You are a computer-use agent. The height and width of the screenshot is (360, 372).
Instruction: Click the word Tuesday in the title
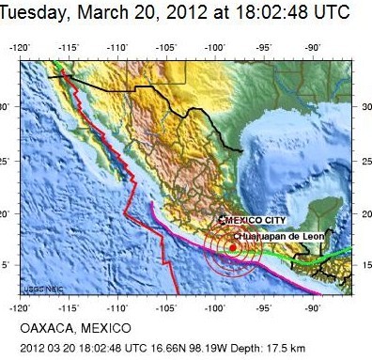pyautogui.click(x=39, y=13)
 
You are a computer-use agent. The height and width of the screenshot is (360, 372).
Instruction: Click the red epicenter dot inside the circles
pyautogui.click(x=232, y=248)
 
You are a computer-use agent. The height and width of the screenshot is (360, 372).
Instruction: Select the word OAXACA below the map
pyautogui.click(x=46, y=328)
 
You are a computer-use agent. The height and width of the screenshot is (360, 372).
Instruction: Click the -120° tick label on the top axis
pyautogui.click(x=21, y=46)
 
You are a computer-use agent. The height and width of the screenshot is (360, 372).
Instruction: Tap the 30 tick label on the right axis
pyautogui.click(x=364, y=106)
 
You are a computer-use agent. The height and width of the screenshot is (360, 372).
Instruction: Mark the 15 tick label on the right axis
pyautogui.click(x=364, y=265)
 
